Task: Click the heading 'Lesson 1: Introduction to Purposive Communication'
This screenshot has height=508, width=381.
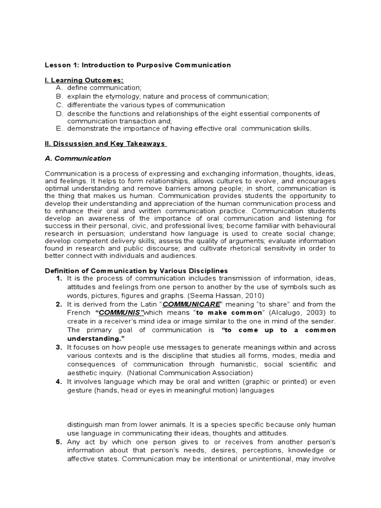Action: point(138,65)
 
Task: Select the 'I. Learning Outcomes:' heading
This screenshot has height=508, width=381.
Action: point(84,80)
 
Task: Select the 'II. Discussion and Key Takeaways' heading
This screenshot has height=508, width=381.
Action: point(106,143)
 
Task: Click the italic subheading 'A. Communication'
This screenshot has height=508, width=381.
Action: point(78,158)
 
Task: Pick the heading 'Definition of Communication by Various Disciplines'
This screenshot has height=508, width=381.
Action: point(136,271)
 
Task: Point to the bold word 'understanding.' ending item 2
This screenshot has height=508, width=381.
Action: point(92,338)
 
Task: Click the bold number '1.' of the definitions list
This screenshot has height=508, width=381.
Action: point(59,278)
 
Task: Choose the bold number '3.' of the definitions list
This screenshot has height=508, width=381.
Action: point(59,347)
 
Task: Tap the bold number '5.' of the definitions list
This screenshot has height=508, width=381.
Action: point(59,442)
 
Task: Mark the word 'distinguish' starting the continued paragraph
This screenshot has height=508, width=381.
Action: point(85,425)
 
